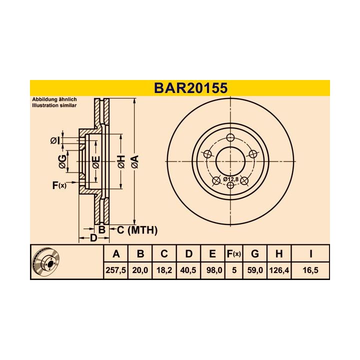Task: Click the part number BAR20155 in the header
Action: (x=190, y=88)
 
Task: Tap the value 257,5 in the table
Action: (x=116, y=270)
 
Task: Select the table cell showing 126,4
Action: (x=278, y=270)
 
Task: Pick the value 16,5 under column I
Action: (x=310, y=270)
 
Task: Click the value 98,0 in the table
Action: (x=212, y=270)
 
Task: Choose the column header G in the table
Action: (x=255, y=254)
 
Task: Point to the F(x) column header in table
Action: (x=233, y=254)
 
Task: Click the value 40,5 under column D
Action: (x=188, y=270)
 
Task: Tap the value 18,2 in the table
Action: (x=164, y=270)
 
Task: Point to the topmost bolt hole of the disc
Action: (x=230, y=138)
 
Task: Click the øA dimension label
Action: (x=134, y=161)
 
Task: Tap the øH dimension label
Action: (x=120, y=161)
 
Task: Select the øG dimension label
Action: (x=62, y=161)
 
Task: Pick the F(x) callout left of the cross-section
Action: (x=58, y=185)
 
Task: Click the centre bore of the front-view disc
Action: (x=230, y=161)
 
